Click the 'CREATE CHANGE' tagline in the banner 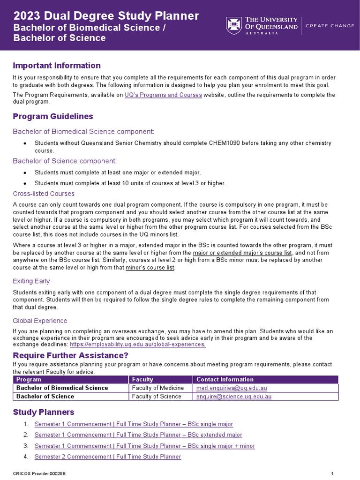(330, 26)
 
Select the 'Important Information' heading (57, 65)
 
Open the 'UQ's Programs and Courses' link (163, 95)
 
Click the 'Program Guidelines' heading (53, 116)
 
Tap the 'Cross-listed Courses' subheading (44, 194)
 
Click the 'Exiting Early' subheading (31, 281)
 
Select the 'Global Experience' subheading (40, 321)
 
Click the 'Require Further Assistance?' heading (70, 355)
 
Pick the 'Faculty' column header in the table (142, 379)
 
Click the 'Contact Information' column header (225, 379)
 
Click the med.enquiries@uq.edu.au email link (232, 388)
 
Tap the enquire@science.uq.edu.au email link (234, 397)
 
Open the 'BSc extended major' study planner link (138, 435)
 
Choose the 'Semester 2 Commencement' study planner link (108, 457)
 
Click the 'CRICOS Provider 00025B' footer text (39, 474)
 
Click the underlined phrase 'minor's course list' (150, 268)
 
